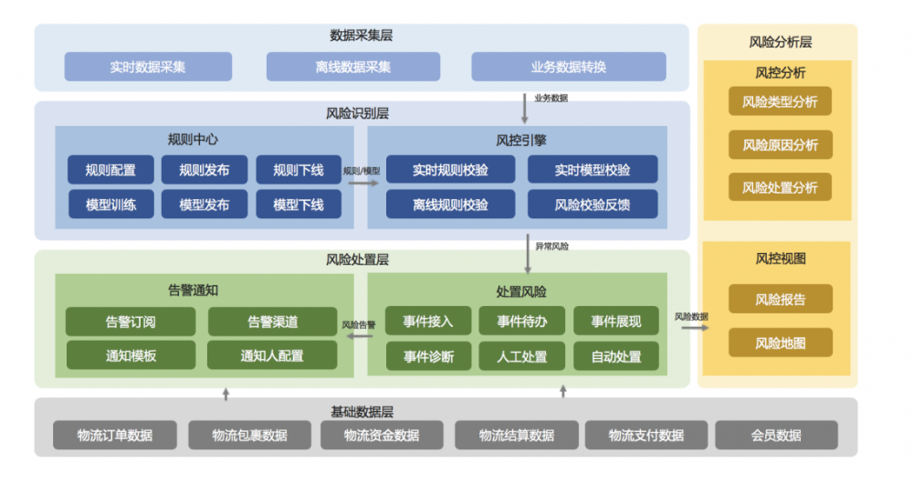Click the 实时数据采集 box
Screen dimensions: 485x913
click(x=148, y=67)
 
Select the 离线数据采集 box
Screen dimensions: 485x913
click(x=352, y=67)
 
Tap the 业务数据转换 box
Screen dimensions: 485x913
click(x=568, y=67)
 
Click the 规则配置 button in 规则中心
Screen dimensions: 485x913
click(x=110, y=170)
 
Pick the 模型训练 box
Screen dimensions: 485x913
click(x=110, y=205)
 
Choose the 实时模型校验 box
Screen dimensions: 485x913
click(x=592, y=170)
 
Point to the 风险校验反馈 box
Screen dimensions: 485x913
click(x=592, y=205)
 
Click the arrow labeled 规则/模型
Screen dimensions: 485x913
click(x=362, y=183)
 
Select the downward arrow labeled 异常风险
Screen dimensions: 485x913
click(x=527, y=256)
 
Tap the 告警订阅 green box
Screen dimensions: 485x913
click(x=131, y=322)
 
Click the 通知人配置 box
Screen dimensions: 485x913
click(x=272, y=355)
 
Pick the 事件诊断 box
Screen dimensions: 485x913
click(x=428, y=356)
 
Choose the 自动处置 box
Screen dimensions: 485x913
click(x=616, y=356)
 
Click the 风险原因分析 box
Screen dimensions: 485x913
click(x=780, y=144)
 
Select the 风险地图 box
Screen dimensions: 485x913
click(x=780, y=343)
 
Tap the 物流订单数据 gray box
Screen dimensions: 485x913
click(x=115, y=435)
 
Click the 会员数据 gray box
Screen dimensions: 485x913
click(x=776, y=435)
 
